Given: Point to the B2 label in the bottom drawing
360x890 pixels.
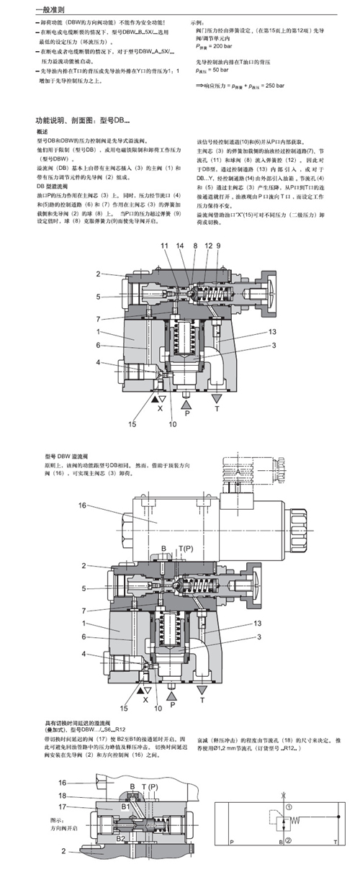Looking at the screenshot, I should (x=120, y=839).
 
